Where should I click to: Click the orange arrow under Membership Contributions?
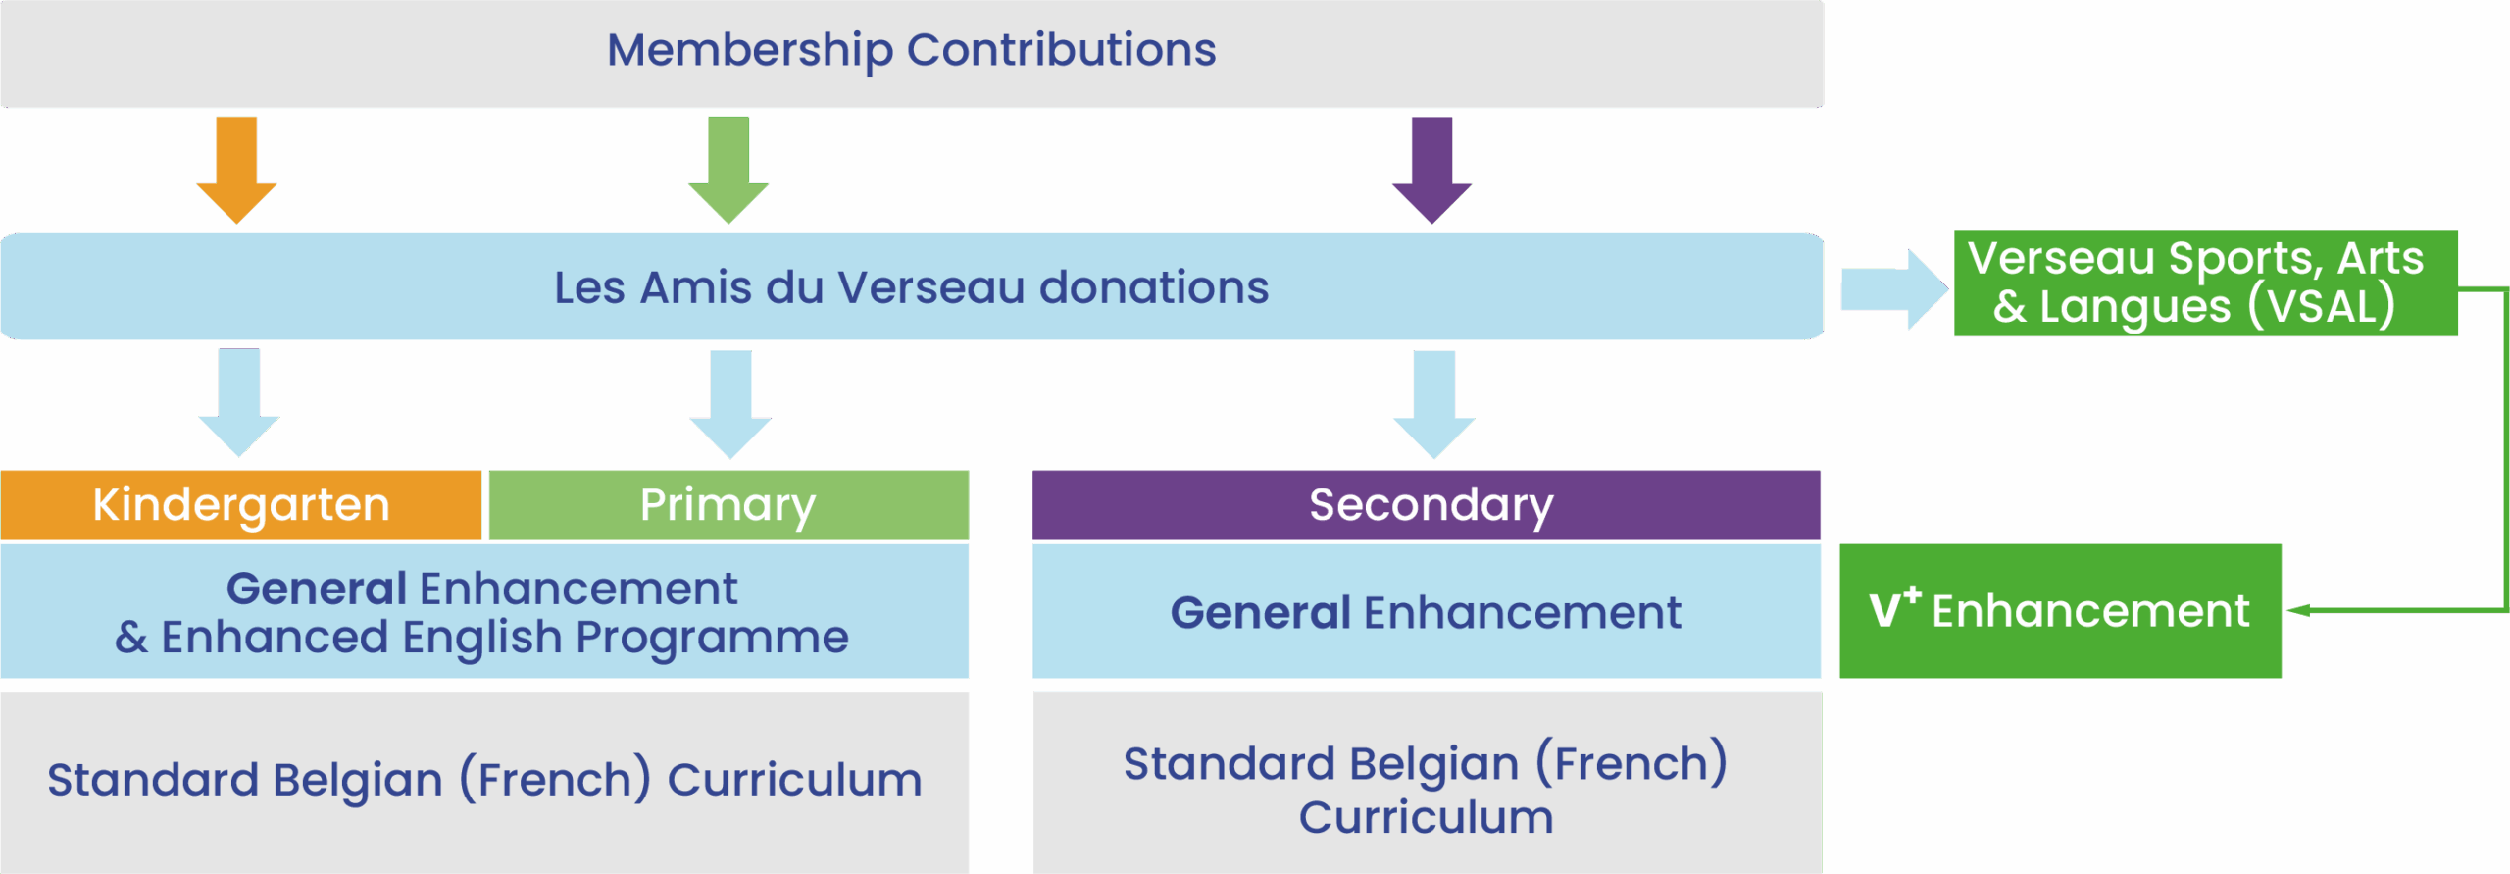236,170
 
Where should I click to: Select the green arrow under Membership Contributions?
728,170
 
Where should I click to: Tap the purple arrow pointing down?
1432,170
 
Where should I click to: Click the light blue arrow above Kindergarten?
239,402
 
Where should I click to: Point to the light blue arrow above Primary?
730,404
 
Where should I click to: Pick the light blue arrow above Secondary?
1434,404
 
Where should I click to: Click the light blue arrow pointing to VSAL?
1894,289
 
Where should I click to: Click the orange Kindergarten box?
241,504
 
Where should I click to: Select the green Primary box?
728,504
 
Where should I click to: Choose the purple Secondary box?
1427,504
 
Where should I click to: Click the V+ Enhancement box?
2060,610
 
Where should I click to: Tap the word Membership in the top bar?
750,50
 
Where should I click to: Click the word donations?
1154,287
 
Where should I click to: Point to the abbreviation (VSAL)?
2322,306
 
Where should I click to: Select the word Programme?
712,639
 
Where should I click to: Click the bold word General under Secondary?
1261,613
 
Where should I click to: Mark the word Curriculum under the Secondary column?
1427,817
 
